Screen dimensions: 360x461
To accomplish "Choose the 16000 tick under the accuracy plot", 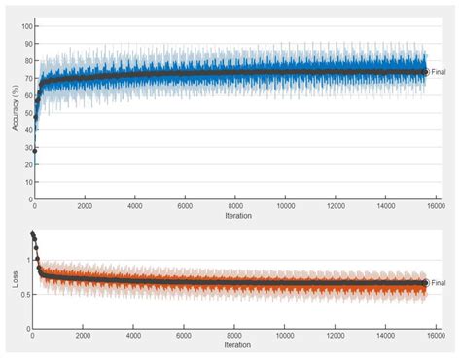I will (435, 207).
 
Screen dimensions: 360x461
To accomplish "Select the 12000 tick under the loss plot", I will (335, 336).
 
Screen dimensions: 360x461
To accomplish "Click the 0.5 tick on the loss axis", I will (24, 294).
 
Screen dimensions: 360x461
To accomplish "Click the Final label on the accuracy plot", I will (441, 72).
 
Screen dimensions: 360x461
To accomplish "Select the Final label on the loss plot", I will (441, 283).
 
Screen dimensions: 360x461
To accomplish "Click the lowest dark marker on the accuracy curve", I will (35, 151).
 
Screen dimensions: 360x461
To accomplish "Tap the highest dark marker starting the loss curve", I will (34, 234).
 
